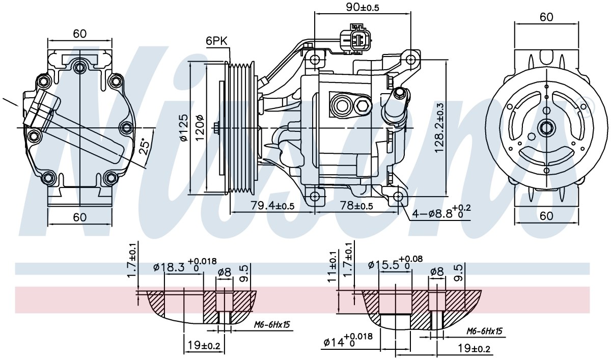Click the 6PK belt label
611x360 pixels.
(216, 41)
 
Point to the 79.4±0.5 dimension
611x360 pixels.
(272, 205)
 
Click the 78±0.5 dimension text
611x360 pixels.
(356, 205)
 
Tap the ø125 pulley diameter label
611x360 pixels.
(184, 128)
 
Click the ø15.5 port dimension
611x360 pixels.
(396, 263)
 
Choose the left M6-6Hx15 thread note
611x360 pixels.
(272, 324)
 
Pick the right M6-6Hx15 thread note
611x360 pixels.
(484, 331)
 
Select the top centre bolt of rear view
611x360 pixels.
(79, 67)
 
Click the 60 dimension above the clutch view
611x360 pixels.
(547, 17)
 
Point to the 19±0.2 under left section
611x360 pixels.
(204, 345)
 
